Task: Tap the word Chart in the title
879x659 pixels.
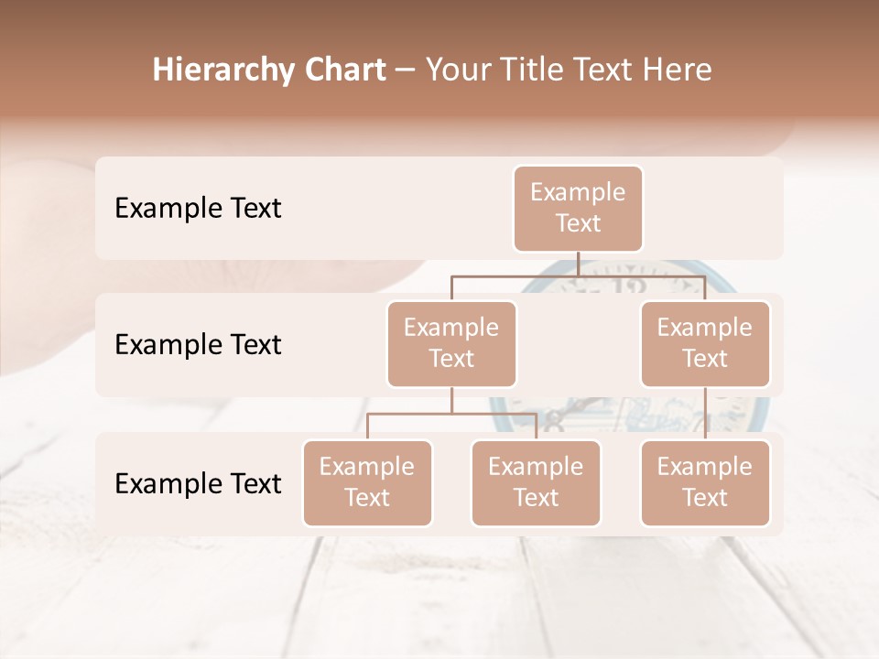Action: [x=341, y=70]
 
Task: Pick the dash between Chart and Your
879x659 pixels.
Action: [x=406, y=71]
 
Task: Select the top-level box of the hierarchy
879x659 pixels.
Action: [x=578, y=209]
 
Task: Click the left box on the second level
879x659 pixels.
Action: [x=451, y=343]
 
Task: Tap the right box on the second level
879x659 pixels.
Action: [x=705, y=343]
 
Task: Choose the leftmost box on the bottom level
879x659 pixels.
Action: [x=367, y=482]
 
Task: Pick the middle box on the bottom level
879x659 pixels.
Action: [x=536, y=482]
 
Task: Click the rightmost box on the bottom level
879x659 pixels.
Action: [x=705, y=482]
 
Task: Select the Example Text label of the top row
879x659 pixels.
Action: [x=198, y=209]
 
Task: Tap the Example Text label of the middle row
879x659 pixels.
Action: [x=198, y=344]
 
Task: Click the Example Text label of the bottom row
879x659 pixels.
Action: [x=198, y=483]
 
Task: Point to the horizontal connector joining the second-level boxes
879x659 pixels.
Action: [x=513, y=275]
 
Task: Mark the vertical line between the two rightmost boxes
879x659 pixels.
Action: [x=705, y=414]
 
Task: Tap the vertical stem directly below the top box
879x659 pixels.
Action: [x=578, y=264]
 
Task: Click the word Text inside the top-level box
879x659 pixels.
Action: [x=578, y=223]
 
